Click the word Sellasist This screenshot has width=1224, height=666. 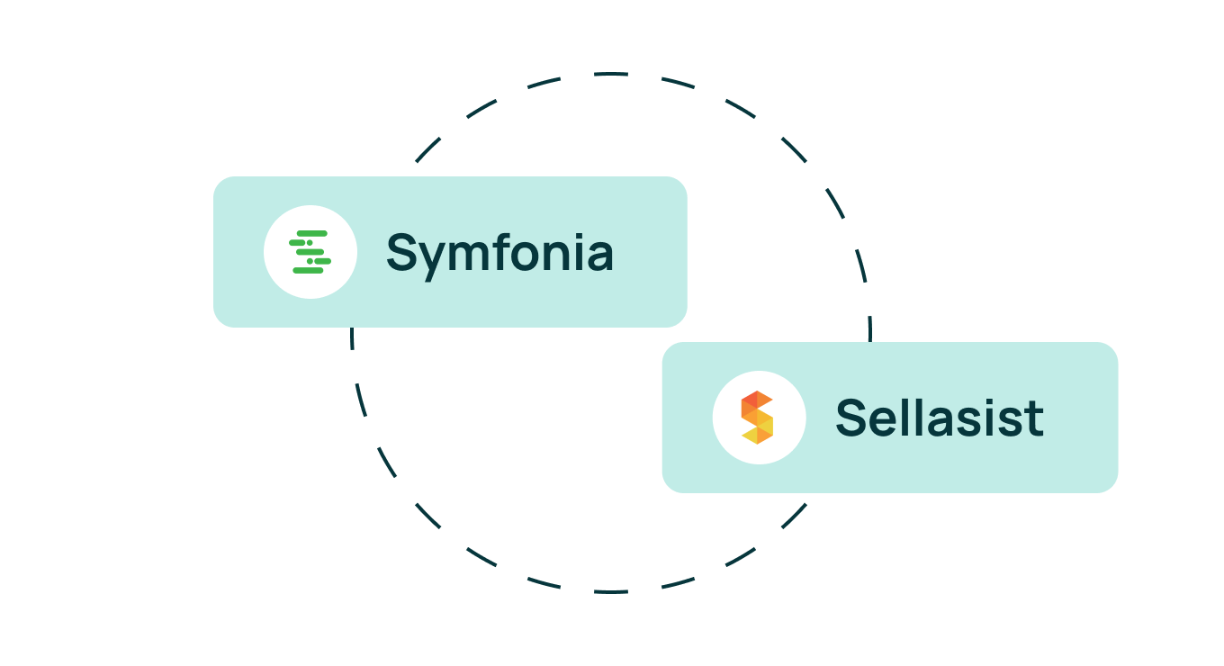pos(940,418)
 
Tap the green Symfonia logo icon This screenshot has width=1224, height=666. pos(310,252)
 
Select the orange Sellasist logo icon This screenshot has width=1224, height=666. pos(758,418)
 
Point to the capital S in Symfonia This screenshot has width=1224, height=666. pos(402,252)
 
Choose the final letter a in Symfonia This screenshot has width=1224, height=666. pos(600,256)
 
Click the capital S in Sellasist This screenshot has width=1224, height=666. pos(851,418)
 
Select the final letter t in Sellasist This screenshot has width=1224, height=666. pos(1035,419)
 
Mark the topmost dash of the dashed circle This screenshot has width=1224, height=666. pos(611,73)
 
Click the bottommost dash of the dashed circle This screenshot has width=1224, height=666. pos(611,591)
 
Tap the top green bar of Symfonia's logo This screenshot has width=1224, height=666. pos(312,233)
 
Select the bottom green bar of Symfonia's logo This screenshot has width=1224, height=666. pos(308,270)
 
